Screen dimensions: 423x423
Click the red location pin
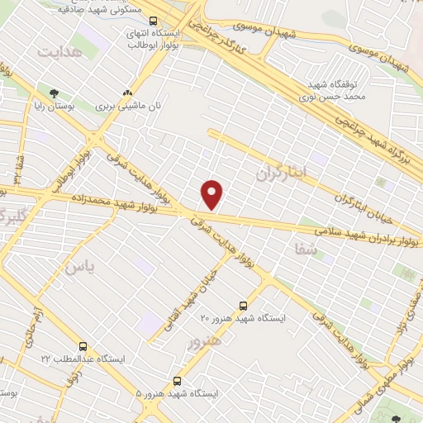click(212, 194)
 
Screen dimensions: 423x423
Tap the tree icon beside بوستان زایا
click(54, 93)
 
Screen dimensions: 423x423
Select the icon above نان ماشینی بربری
click(126, 93)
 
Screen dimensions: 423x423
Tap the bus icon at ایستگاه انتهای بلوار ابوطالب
click(151, 18)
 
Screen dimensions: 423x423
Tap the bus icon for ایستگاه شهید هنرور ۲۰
click(243, 304)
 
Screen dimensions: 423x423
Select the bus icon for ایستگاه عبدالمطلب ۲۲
click(83, 346)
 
